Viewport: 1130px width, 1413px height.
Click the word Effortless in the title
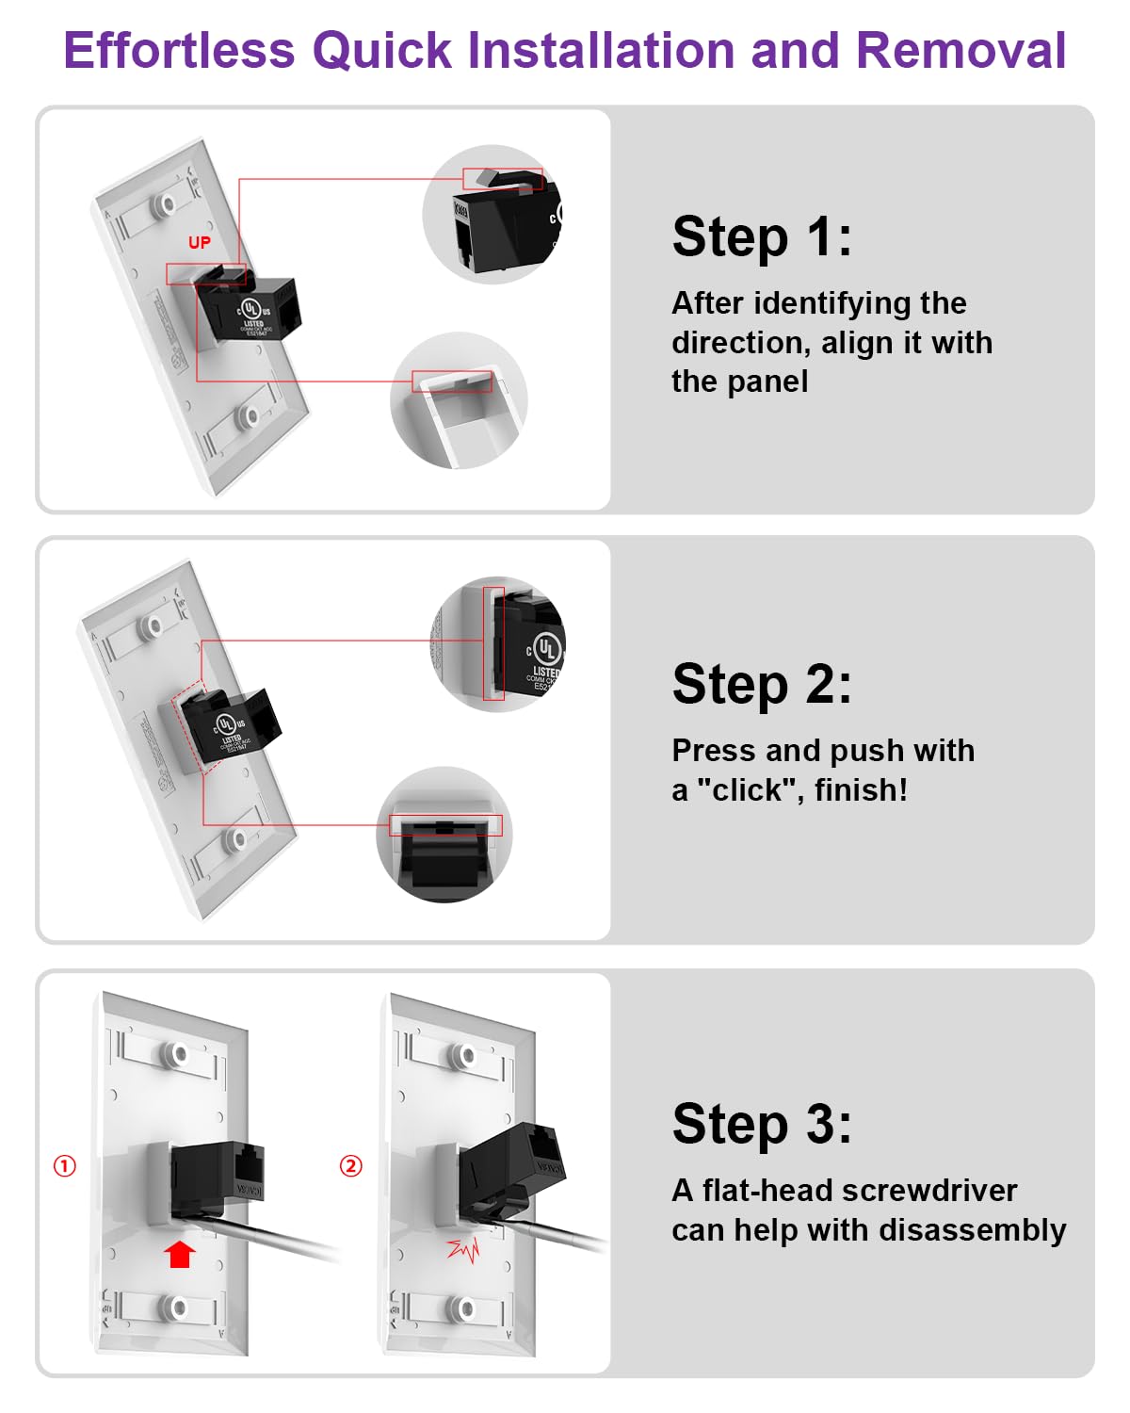click(179, 51)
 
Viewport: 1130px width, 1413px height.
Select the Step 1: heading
click(762, 236)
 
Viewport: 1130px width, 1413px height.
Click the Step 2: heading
click(762, 684)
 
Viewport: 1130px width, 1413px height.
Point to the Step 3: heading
click(762, 1124)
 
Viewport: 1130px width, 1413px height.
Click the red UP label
click(200, 243)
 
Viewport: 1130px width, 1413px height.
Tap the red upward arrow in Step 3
click(180, 1254)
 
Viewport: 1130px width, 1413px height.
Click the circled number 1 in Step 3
click(65, 1166)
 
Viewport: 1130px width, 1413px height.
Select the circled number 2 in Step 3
click(350, 1166)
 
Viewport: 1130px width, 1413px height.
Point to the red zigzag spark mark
click(463, 1250)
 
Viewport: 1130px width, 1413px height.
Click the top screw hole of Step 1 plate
click(169, 203)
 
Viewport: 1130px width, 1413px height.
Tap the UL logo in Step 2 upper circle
click(546, 648)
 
